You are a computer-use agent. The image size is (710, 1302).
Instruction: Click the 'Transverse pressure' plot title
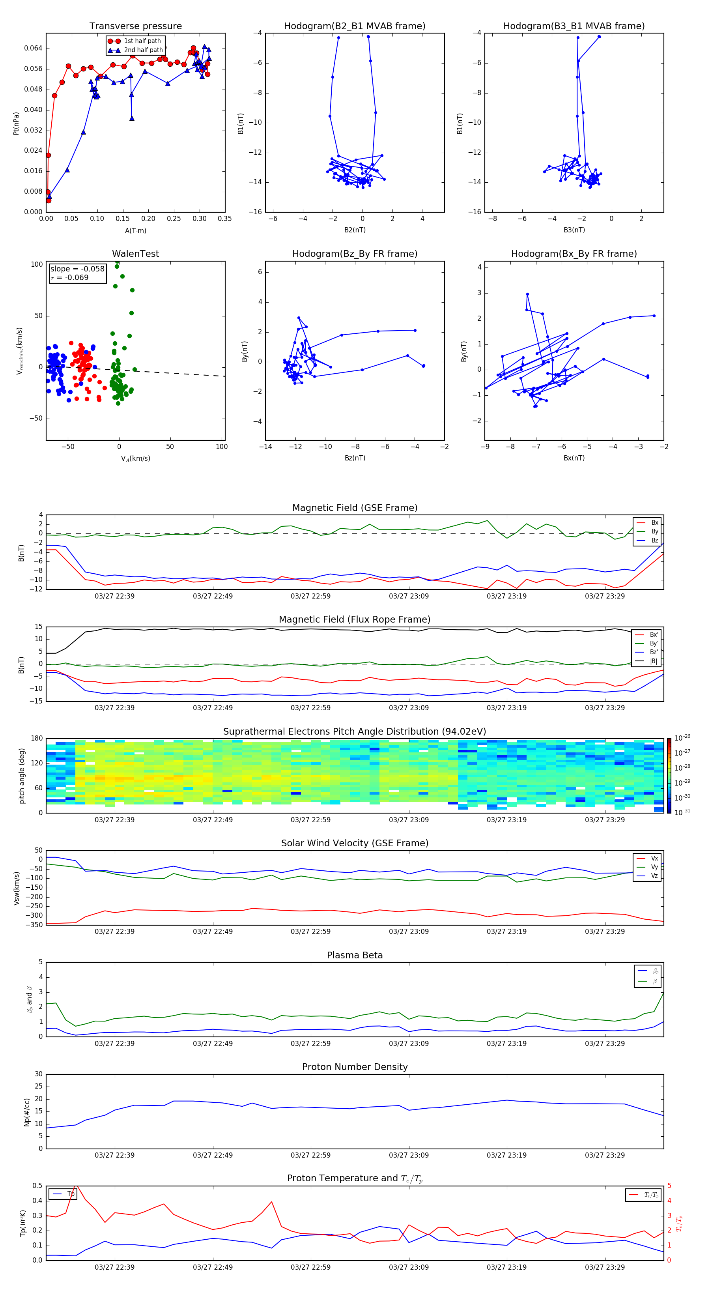pos(135,26)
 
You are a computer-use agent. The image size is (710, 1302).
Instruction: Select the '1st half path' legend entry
pos(142,41)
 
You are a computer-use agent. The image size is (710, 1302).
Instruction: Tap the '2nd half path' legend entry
pos(143,50)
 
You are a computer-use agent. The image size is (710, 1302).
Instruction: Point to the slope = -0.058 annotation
pos(77,269)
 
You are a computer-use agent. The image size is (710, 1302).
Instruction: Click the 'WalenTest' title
pos(135,254)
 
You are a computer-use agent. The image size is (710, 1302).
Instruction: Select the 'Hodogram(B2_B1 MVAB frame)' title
pos(354,26)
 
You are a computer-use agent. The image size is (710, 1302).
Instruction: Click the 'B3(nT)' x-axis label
pos(574,230)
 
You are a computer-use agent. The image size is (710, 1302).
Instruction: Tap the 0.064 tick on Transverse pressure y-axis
pos(34,49)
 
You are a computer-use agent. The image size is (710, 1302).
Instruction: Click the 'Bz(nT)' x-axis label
pos(355,458)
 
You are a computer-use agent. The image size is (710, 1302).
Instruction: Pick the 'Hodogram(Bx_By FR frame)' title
pos(574,254)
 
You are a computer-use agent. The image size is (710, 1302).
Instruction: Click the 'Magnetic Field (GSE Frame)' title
pos(355,508)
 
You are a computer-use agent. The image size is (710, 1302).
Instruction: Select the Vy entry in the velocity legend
pos(654,867)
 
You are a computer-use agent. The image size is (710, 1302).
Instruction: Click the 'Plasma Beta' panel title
pos(355,955)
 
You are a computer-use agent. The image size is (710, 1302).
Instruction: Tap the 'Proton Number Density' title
pos(355,1067)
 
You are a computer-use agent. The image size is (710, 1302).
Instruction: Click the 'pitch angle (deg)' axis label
pos(22,776)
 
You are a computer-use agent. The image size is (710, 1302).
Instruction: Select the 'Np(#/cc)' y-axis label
pos(27,1111)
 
